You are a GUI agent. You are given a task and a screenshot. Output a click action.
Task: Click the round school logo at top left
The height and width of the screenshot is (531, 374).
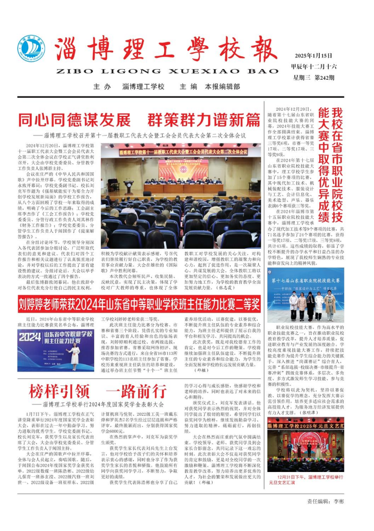pyautogui.click(x=31, y=48)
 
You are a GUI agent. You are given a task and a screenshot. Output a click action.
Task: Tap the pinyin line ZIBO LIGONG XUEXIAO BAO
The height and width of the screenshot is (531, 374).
pyautogui.click(x=173, y=71)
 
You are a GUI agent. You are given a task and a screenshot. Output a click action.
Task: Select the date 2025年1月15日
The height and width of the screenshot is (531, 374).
pyautogui.click(x=313, y=56)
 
